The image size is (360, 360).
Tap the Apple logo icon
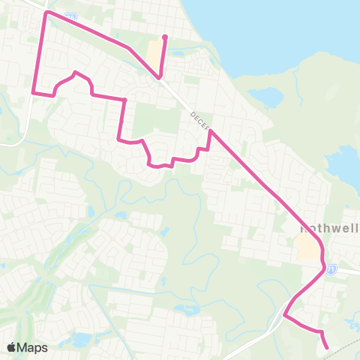point(11,347)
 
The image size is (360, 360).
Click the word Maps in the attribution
point(33,347)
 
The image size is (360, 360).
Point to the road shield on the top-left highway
point(70,16)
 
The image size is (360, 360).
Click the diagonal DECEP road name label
point(200,119)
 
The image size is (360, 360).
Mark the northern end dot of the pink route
point(164,36)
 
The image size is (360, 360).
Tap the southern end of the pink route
point(328,347)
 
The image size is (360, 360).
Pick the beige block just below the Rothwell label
point(307,247)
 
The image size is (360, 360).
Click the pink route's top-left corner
point(47,13)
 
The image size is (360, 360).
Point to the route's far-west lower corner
point(34,92)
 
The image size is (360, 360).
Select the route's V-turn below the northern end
point(159,76)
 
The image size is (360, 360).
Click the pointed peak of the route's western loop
point(75,72)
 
